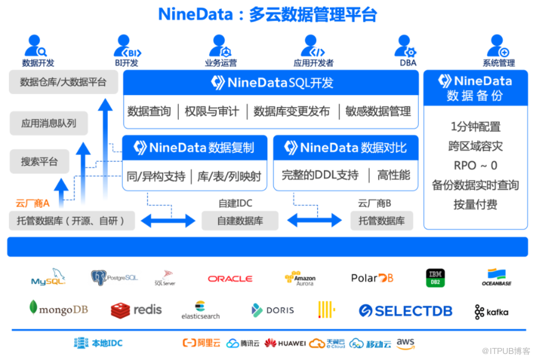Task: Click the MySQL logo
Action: [48, 278]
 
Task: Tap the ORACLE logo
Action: [230, 279]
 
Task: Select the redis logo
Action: [137, 310]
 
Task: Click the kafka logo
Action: [491, 312]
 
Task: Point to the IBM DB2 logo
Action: [435, 278]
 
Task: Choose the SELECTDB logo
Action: [405, 311]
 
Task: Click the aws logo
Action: [405, 343]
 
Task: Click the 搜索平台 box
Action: [40, 161]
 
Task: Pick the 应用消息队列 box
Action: [49, 123]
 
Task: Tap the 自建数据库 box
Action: [240, 221]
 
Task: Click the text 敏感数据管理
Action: [378, 111]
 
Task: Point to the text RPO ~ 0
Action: [475, 166]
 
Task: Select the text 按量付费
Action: [475, 204]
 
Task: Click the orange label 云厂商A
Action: [33, 203]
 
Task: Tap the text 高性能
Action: [393, 175]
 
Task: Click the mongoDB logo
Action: [58, 309]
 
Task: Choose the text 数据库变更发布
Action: [291, 111]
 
